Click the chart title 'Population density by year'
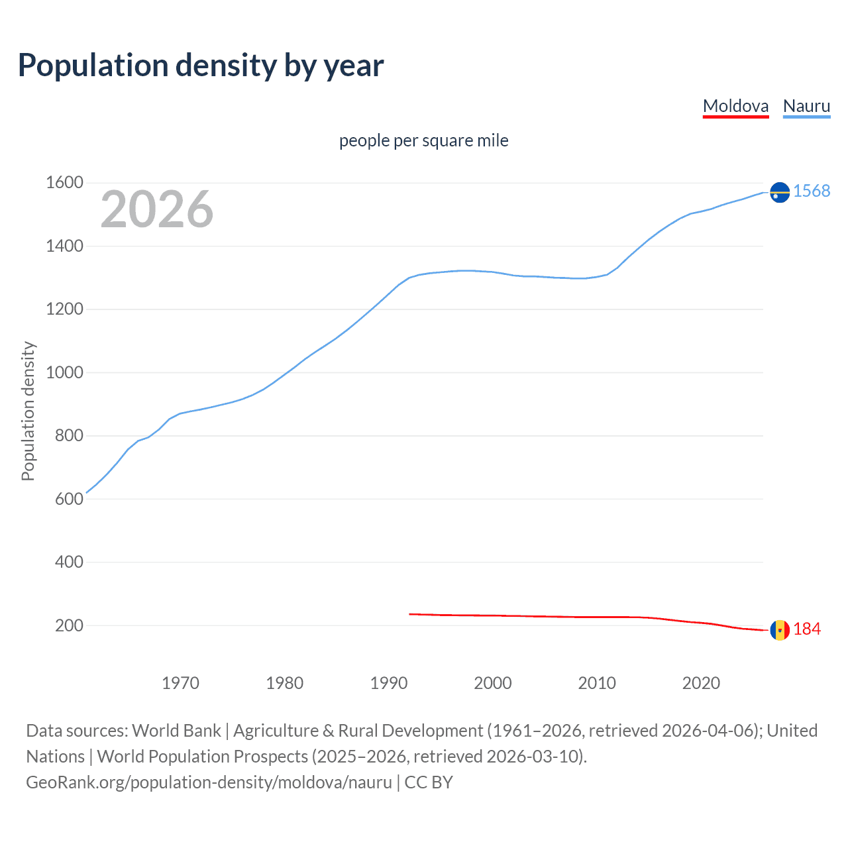tap(201, 65)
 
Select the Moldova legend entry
tap(735, 106)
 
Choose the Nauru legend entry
tap(806, 106)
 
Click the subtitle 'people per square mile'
tap(423, 140)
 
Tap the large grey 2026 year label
tap(157, 209)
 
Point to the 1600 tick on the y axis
tap(64, 183)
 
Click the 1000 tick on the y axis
tap(64, 372)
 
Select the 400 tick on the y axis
tap(69, 562)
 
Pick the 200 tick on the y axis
tap(69, 625)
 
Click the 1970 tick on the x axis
tap(180, 683)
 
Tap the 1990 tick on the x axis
tap(389, 683)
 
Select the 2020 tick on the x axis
tap(701, 683)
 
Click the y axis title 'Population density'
tap(28, 411)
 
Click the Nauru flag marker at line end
tap(780, 192)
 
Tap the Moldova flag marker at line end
tap(780, 630)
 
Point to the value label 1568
tap(812, 191)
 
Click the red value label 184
tap(807, 629)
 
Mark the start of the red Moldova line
tap(410, 614)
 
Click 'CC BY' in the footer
tap(429, 782)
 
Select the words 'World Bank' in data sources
tap(176, 731)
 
